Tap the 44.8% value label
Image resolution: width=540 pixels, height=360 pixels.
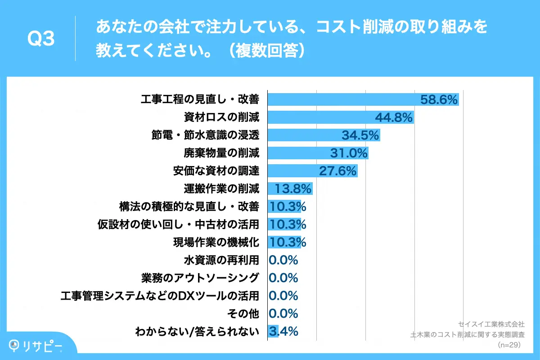pos(394,118)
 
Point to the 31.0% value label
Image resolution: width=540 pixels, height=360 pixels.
pos(349,153)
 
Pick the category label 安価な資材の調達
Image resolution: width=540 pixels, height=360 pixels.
pos(216,171)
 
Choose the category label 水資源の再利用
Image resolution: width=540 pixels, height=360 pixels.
pos(221,260)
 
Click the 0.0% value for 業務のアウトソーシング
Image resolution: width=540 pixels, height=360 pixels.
pos(283,278)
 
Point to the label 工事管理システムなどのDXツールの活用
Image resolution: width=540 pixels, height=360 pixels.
pos(160,296)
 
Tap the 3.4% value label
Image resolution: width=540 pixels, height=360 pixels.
pos(283,332)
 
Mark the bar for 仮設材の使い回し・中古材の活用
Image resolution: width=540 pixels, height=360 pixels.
pos(284,224)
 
